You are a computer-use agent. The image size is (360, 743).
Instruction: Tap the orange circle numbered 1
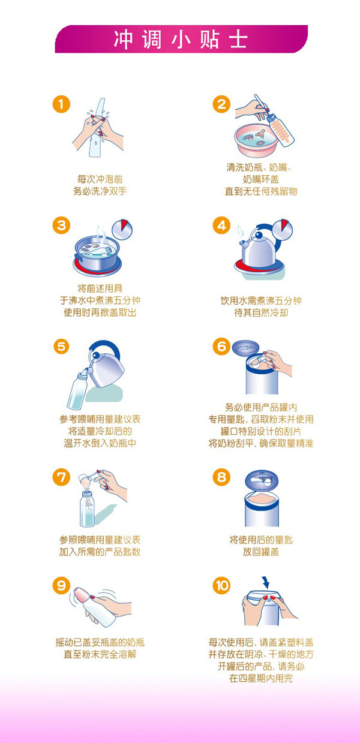(61, 104)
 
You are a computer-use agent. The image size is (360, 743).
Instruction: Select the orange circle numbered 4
(222, 225)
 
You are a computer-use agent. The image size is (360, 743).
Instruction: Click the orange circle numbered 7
(61, 477)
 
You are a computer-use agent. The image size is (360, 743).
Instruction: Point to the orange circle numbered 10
(222, 585)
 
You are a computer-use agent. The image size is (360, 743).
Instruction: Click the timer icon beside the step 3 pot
(124, 228)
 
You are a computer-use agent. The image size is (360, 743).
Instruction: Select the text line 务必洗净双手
(100, 191)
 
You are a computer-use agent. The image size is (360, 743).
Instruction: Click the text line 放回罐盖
(261, 552)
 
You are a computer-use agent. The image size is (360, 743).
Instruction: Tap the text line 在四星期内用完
(261, 679)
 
